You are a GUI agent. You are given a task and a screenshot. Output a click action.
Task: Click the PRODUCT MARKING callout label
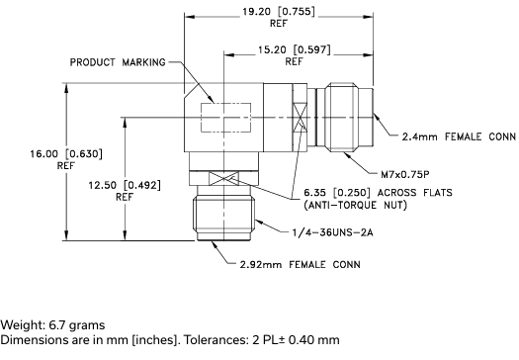click(119, 61)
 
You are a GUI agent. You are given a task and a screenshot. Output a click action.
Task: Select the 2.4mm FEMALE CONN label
click(453, 136)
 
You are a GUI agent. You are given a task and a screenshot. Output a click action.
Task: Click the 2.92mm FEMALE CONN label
click(300, 264)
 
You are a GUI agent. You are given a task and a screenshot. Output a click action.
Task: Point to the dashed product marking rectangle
click(221, 117)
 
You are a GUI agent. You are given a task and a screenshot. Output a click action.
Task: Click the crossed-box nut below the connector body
click(222, 178)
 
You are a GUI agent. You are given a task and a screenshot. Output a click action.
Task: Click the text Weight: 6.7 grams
click(52, 325)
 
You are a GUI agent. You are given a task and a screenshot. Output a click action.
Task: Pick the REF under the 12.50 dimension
click(124, 196)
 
